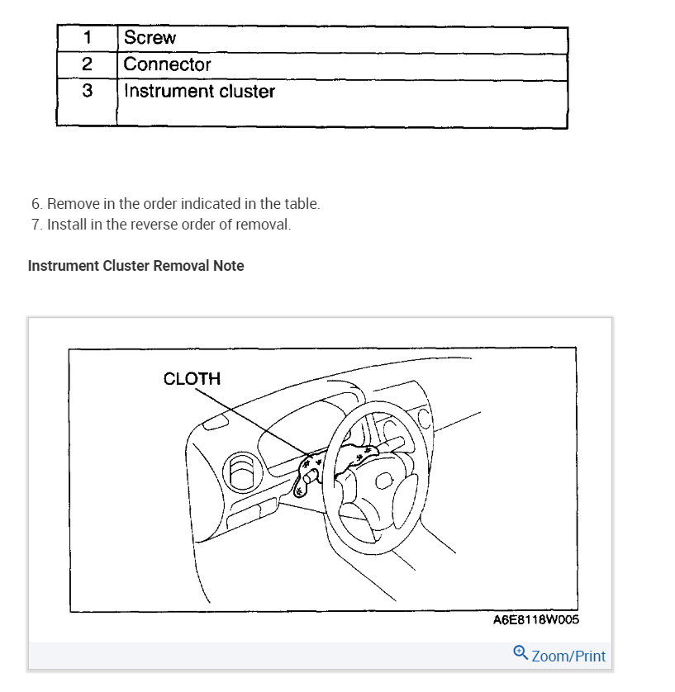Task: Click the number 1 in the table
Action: click(87, 38)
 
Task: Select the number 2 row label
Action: click(87, 64)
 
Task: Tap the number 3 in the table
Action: click(87, 91)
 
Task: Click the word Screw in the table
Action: click(150, 38)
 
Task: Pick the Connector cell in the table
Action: click(167, 64)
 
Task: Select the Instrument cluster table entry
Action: click(199, 91)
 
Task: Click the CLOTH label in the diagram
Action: click(192, 379)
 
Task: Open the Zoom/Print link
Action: click(568, 656)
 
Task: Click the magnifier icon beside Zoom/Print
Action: click(521, 653)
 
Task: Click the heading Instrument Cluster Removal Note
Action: click(136, 266)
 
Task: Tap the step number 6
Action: click(36, 203)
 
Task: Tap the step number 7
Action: click(36, 225)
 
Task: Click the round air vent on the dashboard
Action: click(242, 470)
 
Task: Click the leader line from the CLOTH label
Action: click(248, 422)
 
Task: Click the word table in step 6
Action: click(302, 203)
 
